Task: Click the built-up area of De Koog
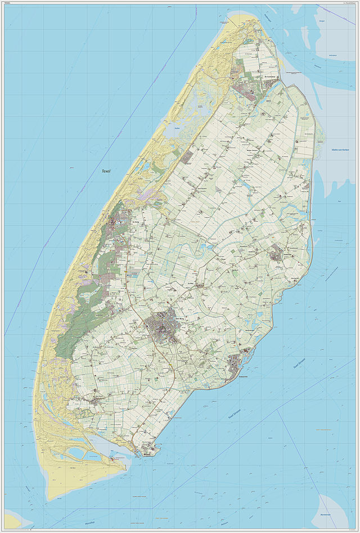click(x=120, y=223)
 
